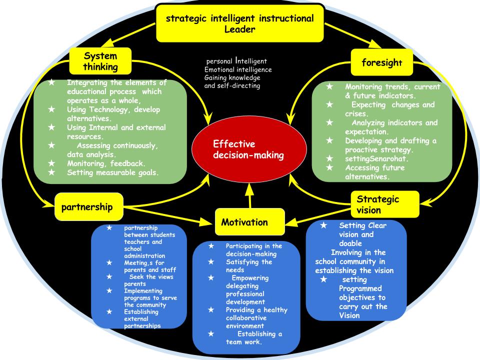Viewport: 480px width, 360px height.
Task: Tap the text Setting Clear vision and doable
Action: click(x=363, y=234)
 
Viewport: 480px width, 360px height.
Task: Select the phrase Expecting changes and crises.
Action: click(x=385, y=109)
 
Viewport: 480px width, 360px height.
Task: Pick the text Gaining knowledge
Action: click(x=232, y=77)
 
